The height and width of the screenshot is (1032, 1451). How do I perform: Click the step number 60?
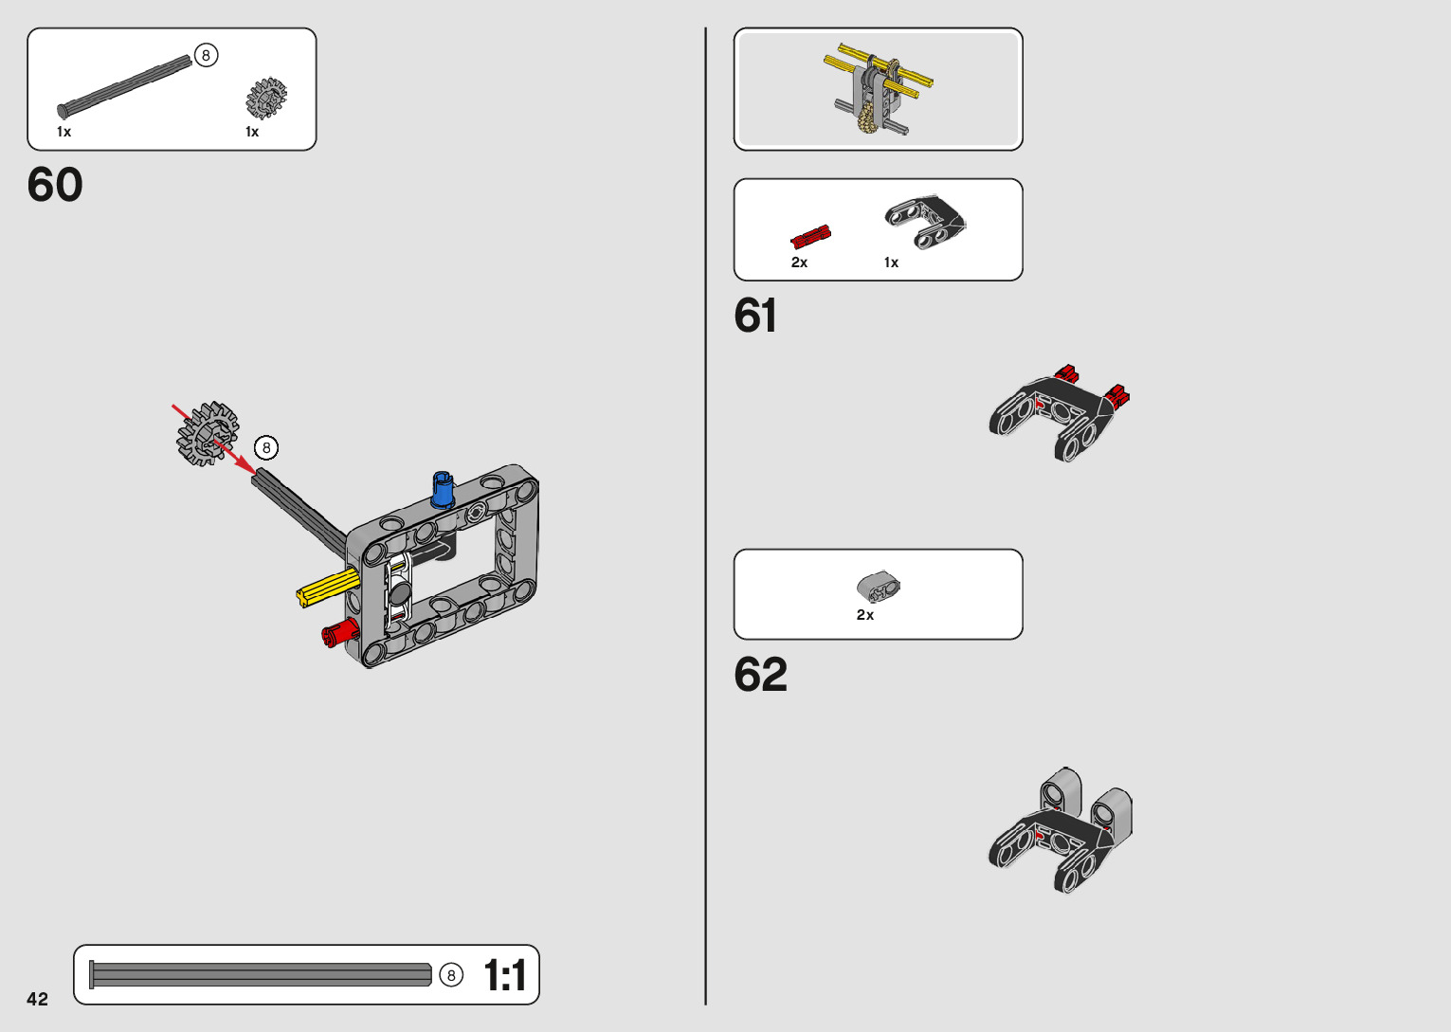(55, 185)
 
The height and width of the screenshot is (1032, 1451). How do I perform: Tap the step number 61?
(755, 316)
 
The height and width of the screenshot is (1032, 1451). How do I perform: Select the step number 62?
(760, 675)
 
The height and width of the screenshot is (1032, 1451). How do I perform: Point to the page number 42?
(37, 999)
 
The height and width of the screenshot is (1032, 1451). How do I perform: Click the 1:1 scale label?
(504, 975)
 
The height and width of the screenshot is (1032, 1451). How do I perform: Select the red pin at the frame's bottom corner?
(338, 632)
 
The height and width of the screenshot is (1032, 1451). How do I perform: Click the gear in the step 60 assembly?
(207, 433)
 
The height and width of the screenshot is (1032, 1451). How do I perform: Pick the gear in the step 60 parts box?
(266, 98)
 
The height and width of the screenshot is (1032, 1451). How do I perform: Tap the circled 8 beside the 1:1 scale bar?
(451, 975)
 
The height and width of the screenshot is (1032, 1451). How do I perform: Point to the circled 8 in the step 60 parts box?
(206, 56)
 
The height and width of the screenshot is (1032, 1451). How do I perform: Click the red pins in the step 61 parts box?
(810, 237)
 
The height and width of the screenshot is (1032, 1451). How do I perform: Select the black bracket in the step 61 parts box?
(924, 222)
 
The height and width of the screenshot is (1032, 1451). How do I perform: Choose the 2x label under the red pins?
(799, 263)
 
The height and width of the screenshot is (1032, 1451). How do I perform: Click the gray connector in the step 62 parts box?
(879, 588)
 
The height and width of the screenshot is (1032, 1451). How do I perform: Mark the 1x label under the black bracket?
(891, 263)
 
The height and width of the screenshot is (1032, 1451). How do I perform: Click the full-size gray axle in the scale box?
(261, 974)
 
